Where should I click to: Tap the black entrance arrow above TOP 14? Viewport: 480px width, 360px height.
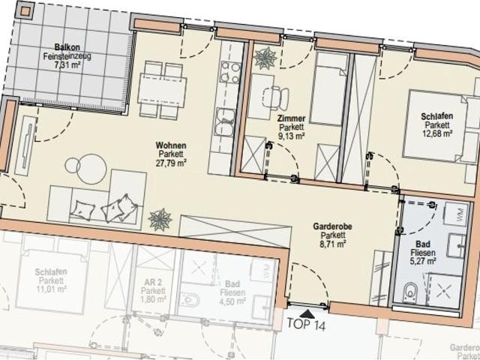coord(307,307)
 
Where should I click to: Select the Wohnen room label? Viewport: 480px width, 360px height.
coord(171,145)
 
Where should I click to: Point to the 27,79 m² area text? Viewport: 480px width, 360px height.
coord(171,162)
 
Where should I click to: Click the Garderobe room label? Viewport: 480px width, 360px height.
coord(329,224)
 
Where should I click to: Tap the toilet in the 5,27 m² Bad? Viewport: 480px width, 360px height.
coord(410,293)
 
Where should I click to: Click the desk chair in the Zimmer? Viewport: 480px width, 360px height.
coord(277,95)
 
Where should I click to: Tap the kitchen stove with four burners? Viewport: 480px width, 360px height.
coord(228,73)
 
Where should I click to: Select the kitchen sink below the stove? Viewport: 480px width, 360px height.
coord(226,119)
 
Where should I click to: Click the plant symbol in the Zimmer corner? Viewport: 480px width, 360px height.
coord(265,58)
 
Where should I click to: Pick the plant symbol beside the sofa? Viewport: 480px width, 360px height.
coord(160,219)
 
